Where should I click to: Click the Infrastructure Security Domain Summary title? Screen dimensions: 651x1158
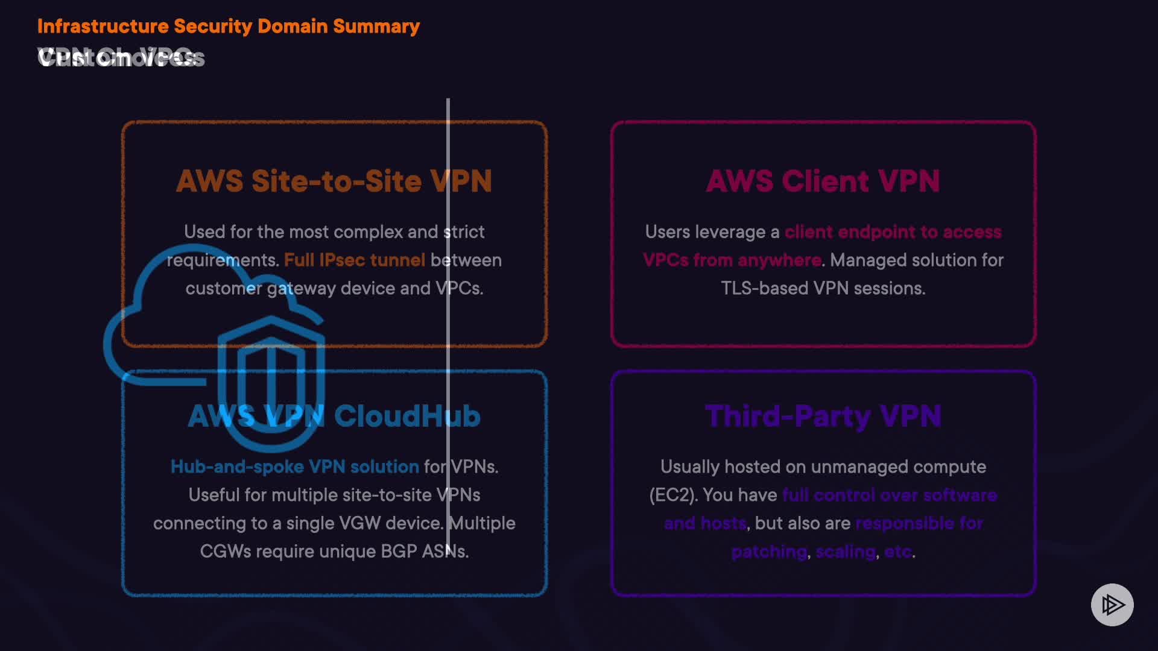(x=228, y=27)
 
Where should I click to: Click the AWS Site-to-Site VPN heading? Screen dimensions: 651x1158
(x=334, y=181)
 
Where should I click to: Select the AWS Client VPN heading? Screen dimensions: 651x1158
(x=823, y=181)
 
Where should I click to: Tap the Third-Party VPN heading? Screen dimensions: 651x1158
(x=823, y=416)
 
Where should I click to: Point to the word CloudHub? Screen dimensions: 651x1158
(x=407, y=416)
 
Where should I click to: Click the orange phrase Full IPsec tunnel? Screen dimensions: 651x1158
(x=355, y=260)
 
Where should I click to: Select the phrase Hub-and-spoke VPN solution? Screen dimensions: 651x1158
(x=294, y=467)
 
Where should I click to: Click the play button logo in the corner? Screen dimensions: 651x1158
(x=1112, y=605)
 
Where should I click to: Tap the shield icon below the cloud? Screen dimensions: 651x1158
(x=271, y=383)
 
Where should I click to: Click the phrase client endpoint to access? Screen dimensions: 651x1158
(x=893, y=232)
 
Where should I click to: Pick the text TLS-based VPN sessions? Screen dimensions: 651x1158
(x=823, y=288)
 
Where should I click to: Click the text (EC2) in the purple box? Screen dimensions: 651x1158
(x=673, y=495)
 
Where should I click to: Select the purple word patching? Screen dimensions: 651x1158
(x=769, y=552)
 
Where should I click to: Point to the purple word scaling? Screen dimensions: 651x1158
(x=846, y=552)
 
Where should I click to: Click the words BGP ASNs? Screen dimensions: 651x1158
(x=425, y=552)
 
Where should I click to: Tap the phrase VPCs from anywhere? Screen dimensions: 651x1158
(x=732, y=260)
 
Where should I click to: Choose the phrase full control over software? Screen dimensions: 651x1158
(x=889, y=495)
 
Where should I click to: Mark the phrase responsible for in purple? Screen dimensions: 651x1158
(x=919, y=523)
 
